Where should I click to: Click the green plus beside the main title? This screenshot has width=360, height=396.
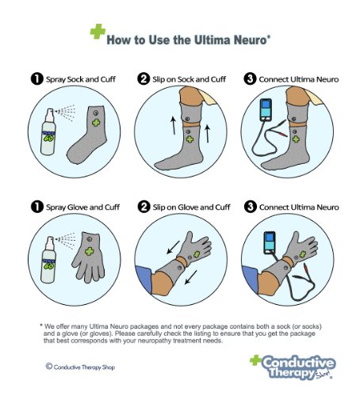pyautogui.click(x=98, y=32)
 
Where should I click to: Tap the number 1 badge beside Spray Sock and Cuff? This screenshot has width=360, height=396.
pyautogui.click(x=37, y=78)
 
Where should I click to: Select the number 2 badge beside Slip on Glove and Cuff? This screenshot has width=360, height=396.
pyautogui.click(x=144, y=207)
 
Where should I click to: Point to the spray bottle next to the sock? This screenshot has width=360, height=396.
pyautogui.click(x=48, y=131)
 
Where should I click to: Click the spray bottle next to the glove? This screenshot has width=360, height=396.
pyautogui.click(x=48, y=260)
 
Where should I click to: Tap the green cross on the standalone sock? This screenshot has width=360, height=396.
pyautogui.click(x=96, y=122)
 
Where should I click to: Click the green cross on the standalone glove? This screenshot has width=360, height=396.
pyautogui.click(x=90, y=251)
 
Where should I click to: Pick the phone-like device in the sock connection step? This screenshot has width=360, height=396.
pyautogui.click(x=266, y=110)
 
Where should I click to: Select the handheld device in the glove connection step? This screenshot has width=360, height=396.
pyautogui.click(x=270, y=242)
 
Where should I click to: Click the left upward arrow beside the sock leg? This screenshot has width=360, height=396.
pyautogui.click(x=173, y=125)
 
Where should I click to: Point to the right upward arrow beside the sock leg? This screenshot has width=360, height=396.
pyautogui.click(x=208, y=134)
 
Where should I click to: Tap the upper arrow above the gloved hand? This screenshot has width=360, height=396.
pyautogui.click(x=173, y=247)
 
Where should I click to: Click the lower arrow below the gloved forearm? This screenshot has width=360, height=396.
pyautogui.click(x=191, y=277)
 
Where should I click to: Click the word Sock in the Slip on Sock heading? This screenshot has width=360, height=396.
pyautogui.click(x=186, y=79)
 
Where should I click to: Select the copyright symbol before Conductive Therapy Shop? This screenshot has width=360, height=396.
pyautogui.click(x=49, y=366)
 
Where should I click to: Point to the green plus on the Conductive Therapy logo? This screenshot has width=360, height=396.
pyautogui.click(x=255, y=360)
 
